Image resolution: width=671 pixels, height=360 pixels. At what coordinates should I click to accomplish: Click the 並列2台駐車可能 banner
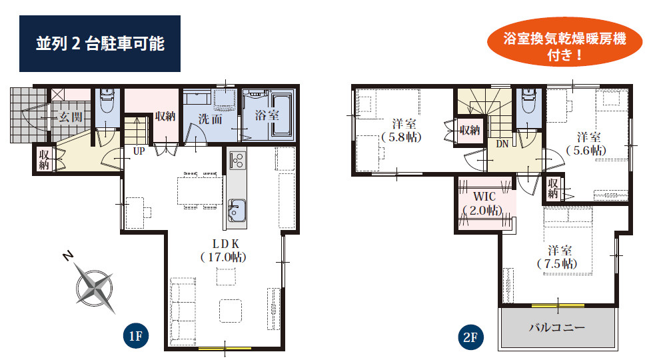100,43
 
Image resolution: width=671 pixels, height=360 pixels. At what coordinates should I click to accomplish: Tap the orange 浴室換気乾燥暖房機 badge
565,42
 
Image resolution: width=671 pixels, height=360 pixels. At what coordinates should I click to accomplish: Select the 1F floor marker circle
136,335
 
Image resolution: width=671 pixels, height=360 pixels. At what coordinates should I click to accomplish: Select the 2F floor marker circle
470,337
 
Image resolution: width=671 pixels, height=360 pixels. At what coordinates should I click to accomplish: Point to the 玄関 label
71,117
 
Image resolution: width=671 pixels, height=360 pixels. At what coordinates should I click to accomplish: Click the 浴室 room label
267,115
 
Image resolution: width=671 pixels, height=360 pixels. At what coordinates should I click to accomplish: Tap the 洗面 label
210,119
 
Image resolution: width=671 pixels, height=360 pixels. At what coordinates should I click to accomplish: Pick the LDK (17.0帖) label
224,251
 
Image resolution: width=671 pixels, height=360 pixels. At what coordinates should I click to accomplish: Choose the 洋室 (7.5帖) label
558,257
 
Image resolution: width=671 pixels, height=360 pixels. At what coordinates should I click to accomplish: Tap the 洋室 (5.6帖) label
587,144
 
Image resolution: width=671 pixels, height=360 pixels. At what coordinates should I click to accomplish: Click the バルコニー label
557,327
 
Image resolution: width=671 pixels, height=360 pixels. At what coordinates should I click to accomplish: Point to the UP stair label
139,151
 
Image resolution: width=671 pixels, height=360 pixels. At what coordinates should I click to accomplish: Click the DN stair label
502,144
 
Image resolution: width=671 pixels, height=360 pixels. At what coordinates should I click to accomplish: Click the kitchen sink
237,210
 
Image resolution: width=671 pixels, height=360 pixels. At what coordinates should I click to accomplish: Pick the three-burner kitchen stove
237,160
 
